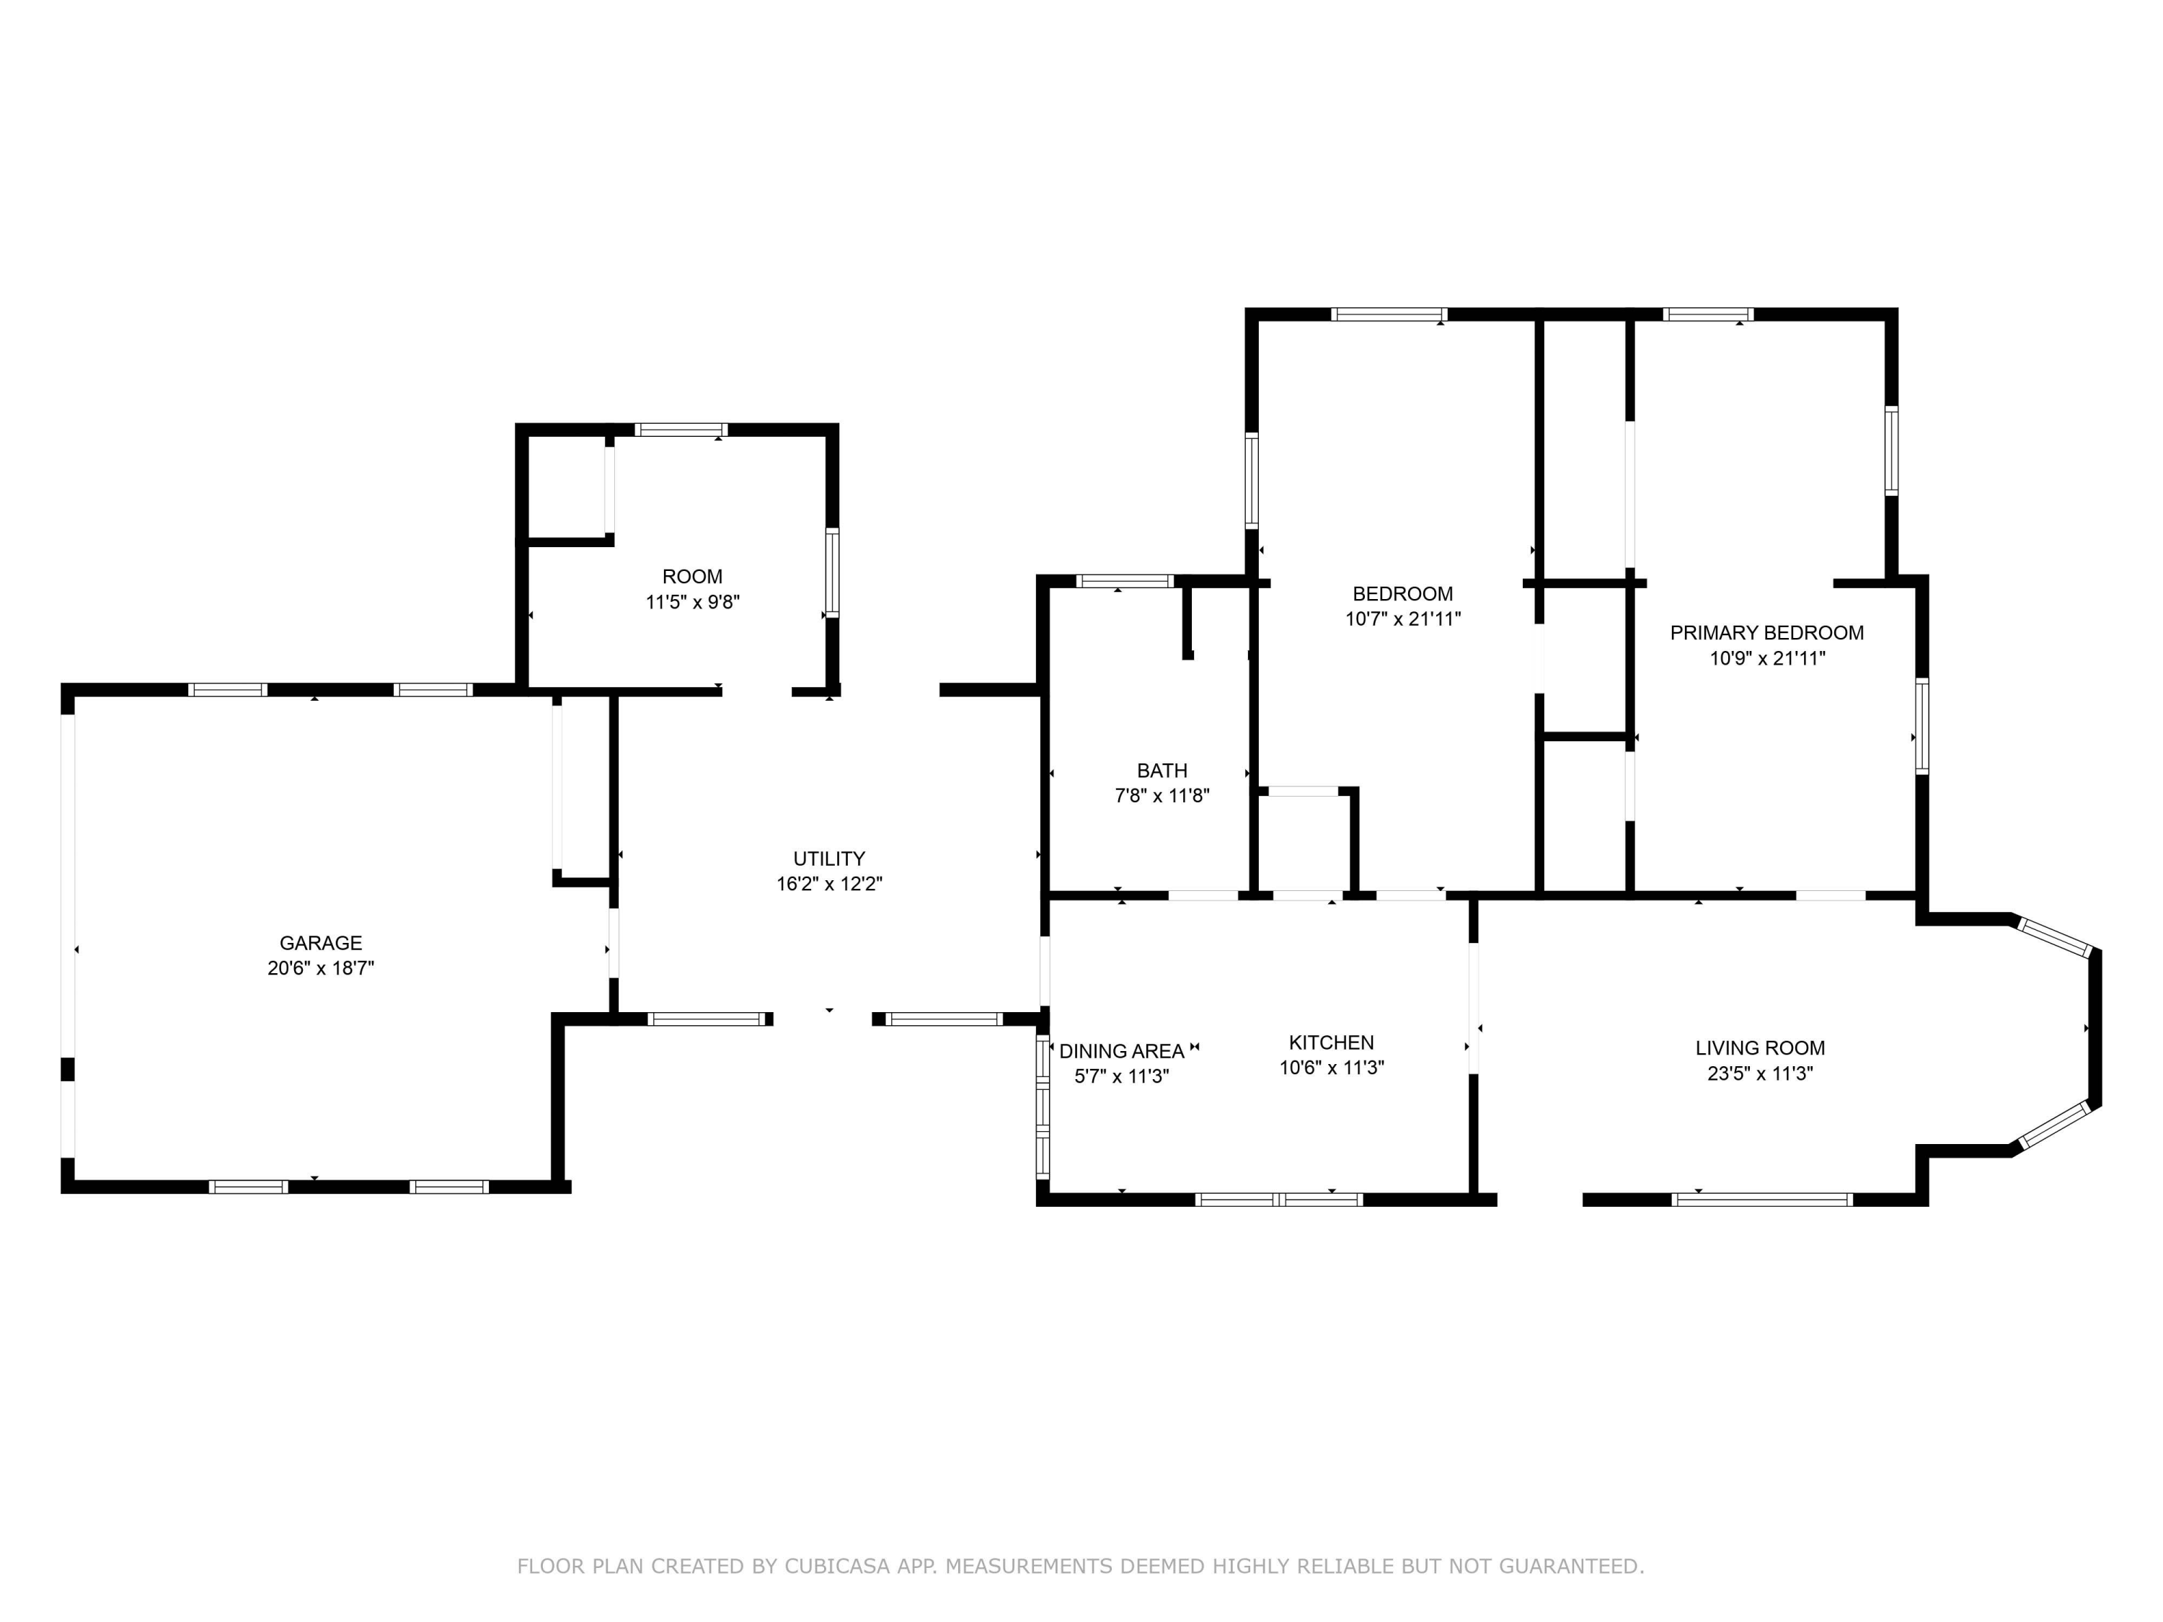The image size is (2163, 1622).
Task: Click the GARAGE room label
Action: click(321, 942)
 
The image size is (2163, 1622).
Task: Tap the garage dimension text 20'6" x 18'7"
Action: click(321, 968)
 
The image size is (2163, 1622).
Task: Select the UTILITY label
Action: click(828, 859)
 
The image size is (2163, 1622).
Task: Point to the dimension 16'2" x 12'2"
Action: click(829, 884)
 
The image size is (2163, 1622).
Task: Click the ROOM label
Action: click(692, 576)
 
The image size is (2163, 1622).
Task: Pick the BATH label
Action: click(1162, 771)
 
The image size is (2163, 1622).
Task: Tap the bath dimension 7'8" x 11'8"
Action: click(1162, 796)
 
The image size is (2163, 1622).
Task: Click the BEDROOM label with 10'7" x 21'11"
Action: click(1402, 593)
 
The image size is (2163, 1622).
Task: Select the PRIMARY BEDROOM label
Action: click(1766, 632)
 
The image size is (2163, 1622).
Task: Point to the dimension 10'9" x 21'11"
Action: click(1766, 658)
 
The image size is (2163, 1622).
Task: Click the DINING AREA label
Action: click(1122, 1051)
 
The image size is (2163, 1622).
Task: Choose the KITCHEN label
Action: click(1331, 1042)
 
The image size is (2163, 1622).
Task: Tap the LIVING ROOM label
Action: click(1759, 1048)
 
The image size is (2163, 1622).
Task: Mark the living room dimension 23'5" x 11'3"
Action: click(1759, 1073)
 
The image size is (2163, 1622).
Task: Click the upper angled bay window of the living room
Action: click(2054, 936)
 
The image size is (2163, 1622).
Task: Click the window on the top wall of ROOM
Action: click(681, 429)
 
